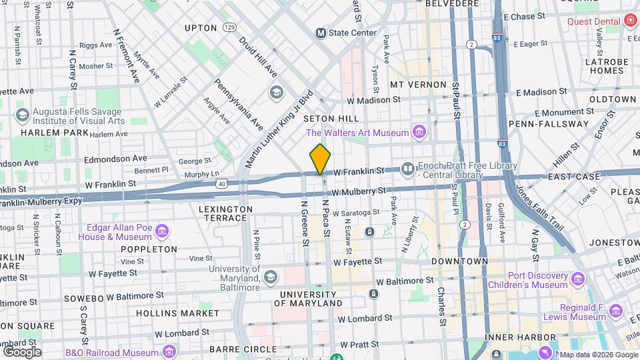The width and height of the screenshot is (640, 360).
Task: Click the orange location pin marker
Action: tap(320, 159)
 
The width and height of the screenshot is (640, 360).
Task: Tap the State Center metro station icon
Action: tap(321, 33)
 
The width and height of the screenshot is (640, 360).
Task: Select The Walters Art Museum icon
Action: tap(419, 133)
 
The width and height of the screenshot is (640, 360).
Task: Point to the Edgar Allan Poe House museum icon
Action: tap(162, 231)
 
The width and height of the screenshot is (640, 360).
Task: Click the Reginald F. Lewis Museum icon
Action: tap(615, 311)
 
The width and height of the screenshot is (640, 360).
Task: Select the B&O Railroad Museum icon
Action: tap(169, 351)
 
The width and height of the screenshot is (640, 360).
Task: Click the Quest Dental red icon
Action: tap(630, 21)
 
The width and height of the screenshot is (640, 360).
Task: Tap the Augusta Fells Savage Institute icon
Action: tap(22, 115)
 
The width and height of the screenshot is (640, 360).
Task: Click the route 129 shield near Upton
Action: tap(229, 28)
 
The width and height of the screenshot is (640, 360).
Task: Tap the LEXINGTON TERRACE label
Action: tap(217, 209)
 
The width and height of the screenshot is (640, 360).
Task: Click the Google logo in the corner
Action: tap(22, 351)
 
